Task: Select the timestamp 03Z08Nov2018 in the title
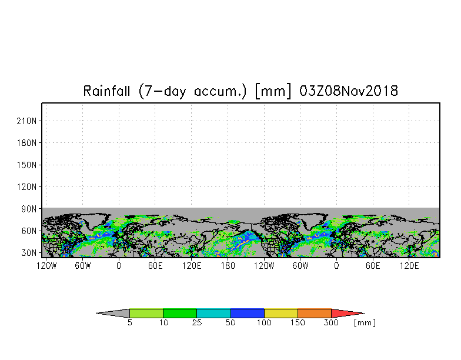[x=349, y=91]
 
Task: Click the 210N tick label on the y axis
[x=28, y=121]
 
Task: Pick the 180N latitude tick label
[x=28, y=143]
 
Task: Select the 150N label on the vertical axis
[x=28, y=165]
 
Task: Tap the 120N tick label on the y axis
[x=28, y=187]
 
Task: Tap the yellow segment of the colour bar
[x=281, y=313]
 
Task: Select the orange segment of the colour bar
[x=315, y=313]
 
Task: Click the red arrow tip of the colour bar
[x=347, y=313]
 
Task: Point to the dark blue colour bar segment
[x=248, y=313]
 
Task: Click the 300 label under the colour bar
[x=331, y=323]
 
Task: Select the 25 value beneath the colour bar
[x=196, y=323]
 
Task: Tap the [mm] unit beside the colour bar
[x=365, y=323]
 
